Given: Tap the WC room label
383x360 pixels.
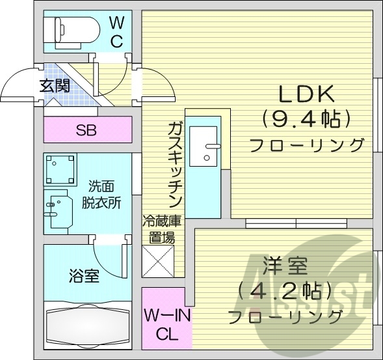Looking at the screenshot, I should click(116, 32).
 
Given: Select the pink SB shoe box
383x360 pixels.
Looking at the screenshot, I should click(86, 130).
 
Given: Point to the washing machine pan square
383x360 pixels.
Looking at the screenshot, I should click(61, 169).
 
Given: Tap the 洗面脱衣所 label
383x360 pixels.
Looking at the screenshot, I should click(101, 193).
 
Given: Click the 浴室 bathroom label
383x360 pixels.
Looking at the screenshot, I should click(85, 276).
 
